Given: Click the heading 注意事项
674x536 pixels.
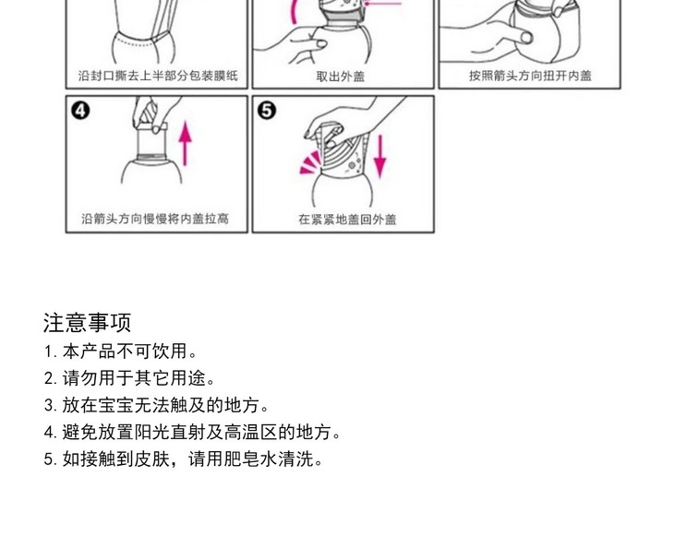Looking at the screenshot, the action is (x=87, y=323).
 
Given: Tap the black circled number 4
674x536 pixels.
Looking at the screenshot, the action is (x=80, y=111).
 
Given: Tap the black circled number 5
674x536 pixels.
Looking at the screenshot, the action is (x=267, y=111).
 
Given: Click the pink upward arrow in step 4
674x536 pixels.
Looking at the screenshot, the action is (x=186, y=143).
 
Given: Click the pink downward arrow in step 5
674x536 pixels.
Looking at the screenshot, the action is (x=379, y=156).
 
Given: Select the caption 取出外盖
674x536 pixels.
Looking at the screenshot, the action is (x=341, y=77).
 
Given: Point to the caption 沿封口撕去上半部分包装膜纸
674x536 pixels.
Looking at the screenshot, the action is (x=158, y=76).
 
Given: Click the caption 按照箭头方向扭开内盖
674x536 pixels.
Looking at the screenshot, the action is (x=530, y=76).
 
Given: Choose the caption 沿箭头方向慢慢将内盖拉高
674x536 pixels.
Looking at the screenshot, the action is (x=155, y=219).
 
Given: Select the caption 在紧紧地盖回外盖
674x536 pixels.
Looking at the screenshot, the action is (x=347, y=220).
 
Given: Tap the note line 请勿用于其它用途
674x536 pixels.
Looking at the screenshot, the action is (x=129, y=378).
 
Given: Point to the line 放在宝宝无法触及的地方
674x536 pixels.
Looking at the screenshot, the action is (x=156, y=405).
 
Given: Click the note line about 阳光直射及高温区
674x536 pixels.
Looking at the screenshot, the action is (x=192, y=432).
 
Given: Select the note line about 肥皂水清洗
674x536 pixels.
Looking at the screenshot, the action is (x=183, y=459).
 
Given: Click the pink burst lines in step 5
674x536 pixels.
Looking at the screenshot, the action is (x=310, y=163).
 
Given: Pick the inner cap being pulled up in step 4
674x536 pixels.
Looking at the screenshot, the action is (x=151, y=141).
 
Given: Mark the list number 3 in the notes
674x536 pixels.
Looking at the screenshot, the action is (x=50, y=406).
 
